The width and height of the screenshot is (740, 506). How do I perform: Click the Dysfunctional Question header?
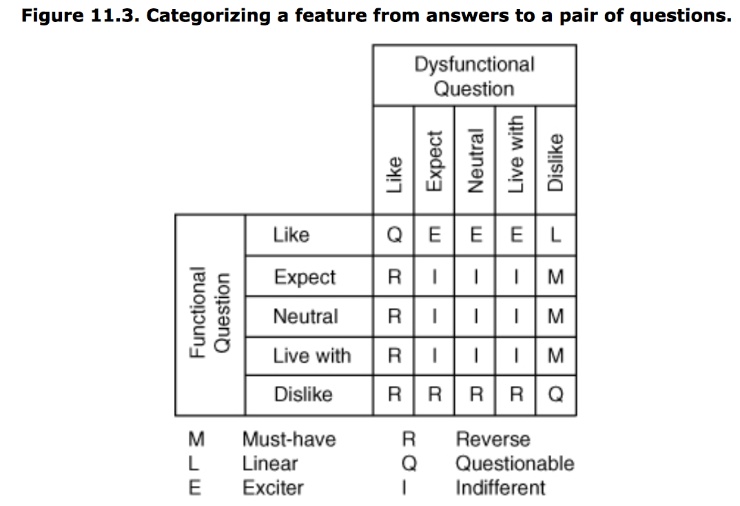point(474,76)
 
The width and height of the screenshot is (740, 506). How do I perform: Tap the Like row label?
point(291,235)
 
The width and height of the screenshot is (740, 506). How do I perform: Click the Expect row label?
point(304,277)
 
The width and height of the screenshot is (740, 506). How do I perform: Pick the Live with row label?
point(311,356)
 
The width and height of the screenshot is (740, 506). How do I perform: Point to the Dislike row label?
point(302,394)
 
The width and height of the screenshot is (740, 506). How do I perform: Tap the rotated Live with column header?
point(515,154)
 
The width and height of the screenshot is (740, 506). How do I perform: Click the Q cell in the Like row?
point(394,236)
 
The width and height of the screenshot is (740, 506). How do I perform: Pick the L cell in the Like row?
point(555,236)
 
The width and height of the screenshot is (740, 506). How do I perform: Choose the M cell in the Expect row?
point(555,277)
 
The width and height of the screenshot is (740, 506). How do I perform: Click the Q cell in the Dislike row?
point(555,395)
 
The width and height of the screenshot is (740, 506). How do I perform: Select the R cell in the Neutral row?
point(394,316)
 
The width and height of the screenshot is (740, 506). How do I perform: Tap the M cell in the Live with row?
point(555,356)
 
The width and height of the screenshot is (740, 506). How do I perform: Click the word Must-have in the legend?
point(289,439)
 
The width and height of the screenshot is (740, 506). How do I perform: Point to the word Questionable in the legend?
point(514,463)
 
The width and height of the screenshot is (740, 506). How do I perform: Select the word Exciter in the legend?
point(272,487)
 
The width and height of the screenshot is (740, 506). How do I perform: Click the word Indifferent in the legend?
point(500,487)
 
